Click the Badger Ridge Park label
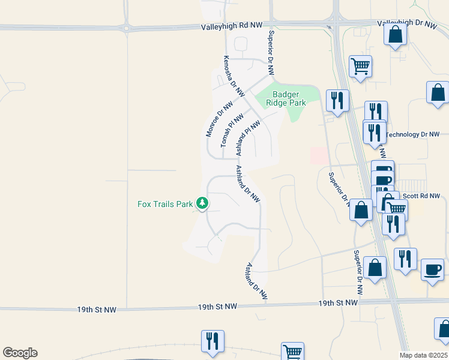(289, 98)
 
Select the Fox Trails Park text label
(165, 204)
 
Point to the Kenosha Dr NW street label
(234, 77)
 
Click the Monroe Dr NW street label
(218, 118)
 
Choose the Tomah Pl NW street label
(232, 130)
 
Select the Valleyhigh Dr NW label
(408, 23)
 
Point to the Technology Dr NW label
(413, 134)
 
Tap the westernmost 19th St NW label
(97, 310)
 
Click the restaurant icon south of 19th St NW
(212, 341)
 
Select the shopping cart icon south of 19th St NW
(292, 352)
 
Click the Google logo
(20, 353)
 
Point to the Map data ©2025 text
(423, 355)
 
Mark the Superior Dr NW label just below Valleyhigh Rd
(271, 53)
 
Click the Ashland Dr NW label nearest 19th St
(256, 281)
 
